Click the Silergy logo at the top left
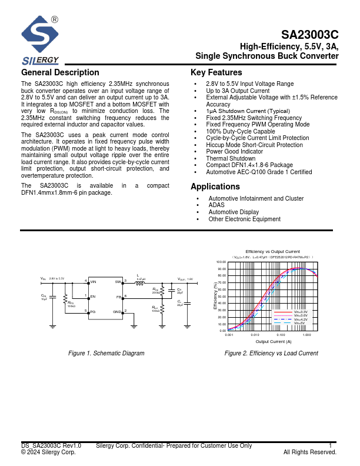[x=40, y=41]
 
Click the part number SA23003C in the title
[x=309, y=34]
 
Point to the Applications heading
[x=215, y=187]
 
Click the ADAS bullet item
[x=216, y=205]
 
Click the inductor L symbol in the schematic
[x=141, y=283]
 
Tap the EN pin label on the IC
[x=93, y=297]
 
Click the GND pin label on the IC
[x=117, y=311]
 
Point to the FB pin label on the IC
[x=118, y=297]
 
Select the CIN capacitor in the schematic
[x=52, y=297]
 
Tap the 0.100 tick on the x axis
[x=281, y=334]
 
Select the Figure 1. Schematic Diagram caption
[x=106, y=353]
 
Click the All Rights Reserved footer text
[x=310, y=452]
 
